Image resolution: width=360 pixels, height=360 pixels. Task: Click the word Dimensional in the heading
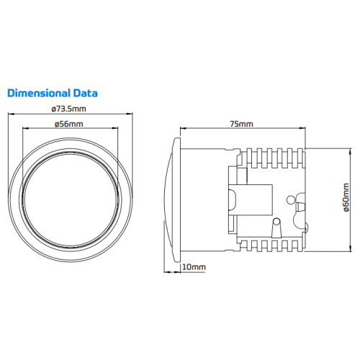click(x=39, y=93)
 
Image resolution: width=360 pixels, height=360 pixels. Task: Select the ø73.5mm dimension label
click(x=68, y=109)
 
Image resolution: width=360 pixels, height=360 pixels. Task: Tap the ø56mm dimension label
click(x=69, y=124)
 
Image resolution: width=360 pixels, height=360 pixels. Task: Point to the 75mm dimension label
click(x=241, y=124)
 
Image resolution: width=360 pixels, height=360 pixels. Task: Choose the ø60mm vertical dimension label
click(x=346, y=197)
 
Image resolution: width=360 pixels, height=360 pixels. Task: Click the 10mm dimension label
click(x=194, y=267)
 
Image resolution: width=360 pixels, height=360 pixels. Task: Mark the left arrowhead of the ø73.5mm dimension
click(x=11, y=114)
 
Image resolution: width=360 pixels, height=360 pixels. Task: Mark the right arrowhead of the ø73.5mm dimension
click(x=130, y=114)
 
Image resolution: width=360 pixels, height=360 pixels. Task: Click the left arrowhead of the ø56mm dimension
click(x=25, y=128)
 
